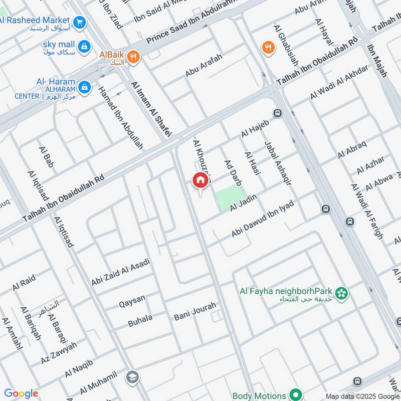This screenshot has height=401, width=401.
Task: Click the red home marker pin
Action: (199, 180)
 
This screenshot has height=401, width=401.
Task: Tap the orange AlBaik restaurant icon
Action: (133, 57)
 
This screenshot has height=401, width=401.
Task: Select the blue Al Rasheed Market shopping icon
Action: (79, 22)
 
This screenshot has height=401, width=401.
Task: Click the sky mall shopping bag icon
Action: (84, 46)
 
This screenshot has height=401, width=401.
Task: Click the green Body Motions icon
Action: (296, 395)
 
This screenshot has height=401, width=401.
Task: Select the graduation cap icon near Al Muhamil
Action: (132, 376)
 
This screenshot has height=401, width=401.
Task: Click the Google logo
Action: (21, 394)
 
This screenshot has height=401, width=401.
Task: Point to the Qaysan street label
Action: (132, 300)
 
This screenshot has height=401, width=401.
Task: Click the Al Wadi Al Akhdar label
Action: (339, 82)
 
